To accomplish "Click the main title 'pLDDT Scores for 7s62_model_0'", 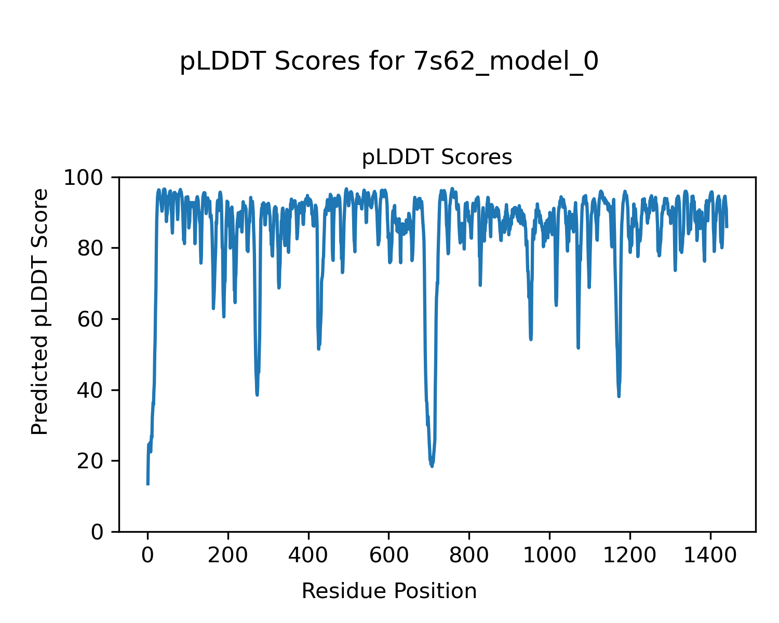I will [389, 62].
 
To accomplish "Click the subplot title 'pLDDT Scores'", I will [437, 157].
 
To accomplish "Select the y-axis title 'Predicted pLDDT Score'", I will [40, 311].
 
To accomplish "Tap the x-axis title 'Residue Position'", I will [389, 591].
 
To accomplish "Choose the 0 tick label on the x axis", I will [148, 556].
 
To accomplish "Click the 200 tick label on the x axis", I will [228, 556].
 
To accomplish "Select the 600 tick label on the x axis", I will [388, 556].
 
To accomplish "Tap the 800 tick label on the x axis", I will [469, 556].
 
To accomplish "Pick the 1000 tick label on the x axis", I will [549, 556].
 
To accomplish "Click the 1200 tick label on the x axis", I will [630, 556].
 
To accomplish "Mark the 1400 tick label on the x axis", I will [710, 556].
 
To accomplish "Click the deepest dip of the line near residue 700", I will [432, 466].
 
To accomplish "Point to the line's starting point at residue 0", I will [148, 484].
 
